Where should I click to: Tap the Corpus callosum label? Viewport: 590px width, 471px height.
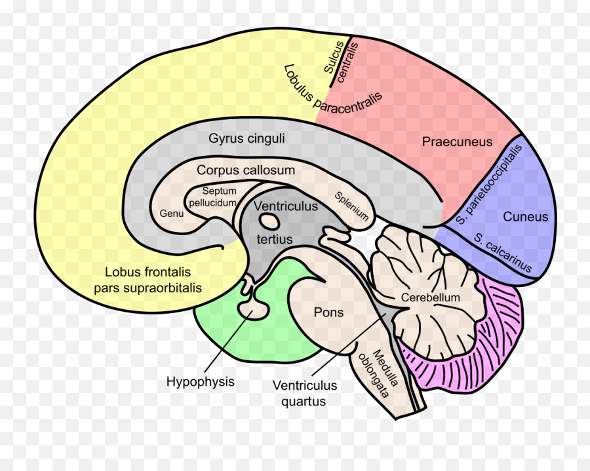[246, 170]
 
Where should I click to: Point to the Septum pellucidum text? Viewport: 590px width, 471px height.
[212, 197]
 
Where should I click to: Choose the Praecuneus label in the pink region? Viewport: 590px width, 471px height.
[457, 141]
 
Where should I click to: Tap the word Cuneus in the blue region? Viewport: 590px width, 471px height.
[525, 217]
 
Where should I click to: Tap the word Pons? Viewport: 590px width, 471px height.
[328, 312]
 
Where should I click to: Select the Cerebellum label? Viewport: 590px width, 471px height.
[431, 297]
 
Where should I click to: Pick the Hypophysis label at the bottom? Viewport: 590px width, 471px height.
[200, 381]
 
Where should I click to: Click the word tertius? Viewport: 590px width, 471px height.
[275, 239]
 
